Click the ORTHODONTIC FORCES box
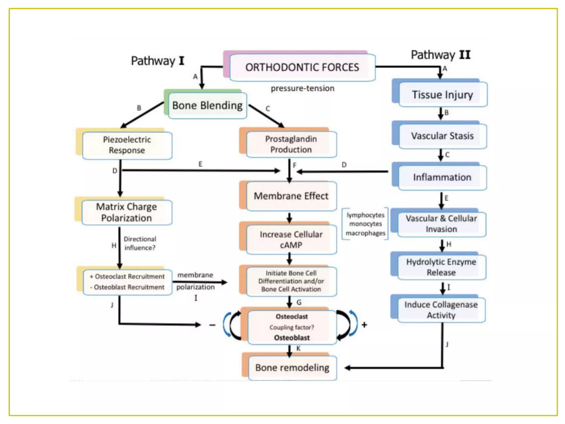(302, 67)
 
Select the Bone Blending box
(207, 105)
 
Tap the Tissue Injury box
(442, 95)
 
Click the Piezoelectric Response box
(127, 145)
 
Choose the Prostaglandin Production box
(291, 144)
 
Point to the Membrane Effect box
(291, 196)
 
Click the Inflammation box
(442, 177)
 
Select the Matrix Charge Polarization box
(127, 212)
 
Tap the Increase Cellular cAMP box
(291, 239)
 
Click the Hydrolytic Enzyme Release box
(441, 267)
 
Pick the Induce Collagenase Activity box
(441, 310)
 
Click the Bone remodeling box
(292, 368)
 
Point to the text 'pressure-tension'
(302, 88)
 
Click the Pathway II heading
(441, 55)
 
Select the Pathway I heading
(157, 61)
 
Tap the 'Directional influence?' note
(140, 243)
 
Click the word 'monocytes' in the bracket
(366, 224)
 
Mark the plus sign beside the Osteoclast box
(364, 325)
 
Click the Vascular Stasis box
(442, 136)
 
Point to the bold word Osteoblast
(292, 338)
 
